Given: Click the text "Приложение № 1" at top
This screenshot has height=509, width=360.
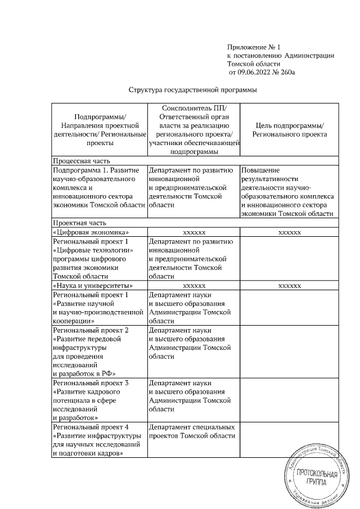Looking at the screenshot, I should (x=253, y=47).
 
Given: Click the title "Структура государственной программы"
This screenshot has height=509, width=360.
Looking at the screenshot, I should (x=193, y=89).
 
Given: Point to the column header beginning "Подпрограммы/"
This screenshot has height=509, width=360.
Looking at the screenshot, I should (x=100, y=130).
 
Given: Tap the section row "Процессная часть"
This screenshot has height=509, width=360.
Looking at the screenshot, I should (x=79, y=160).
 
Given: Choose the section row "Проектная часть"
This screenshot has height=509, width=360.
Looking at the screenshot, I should (x=77, y=223).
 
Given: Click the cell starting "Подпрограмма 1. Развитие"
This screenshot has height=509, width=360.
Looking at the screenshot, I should (x=98, y=187).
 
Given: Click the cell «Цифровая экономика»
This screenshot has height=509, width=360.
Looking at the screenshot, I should (x=91, y=232).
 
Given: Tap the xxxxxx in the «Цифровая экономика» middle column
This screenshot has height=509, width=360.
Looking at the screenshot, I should (x=193, y=232).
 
